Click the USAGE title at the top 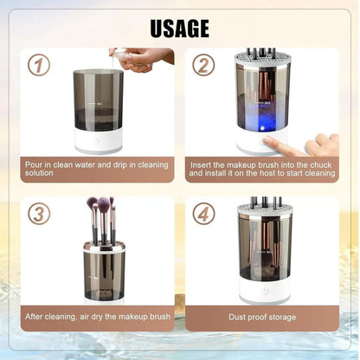click(x=179, y=29)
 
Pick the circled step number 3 click(x=38, y=213)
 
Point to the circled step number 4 click(x=202, y=213)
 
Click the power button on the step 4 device click(x=265, y=290)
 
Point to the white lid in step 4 click(x=265, y=209)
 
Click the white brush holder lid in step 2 click(x=263, y=62)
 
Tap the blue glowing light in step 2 click(x=260, y=130)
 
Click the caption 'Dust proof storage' click(x=262, y=318)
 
